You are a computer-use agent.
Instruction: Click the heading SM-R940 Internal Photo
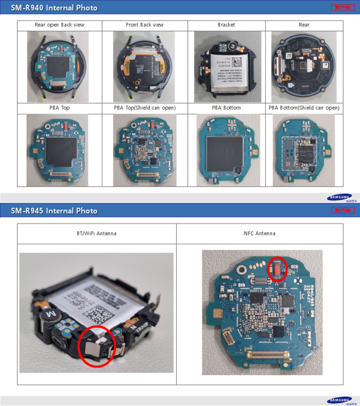[x=54, y=8]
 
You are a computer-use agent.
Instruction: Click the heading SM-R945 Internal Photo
[x=54, y=211]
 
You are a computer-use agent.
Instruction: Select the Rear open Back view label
[x=60, y=25]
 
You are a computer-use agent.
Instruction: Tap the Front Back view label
[x=144, y=25]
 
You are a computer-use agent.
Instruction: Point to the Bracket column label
[x=226, y=25]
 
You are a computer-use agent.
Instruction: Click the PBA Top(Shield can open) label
[x=144, y=108]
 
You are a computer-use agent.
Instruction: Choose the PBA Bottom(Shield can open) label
[x=304, y=108]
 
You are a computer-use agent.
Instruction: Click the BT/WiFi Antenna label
[x=97, y=233]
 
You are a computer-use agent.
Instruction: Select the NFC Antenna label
[x=259, y=233]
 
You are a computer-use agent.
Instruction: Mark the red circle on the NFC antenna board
[x=277, y=269]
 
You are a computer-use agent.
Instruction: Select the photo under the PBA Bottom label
[x=226, y=150]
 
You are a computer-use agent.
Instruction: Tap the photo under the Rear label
[x=304, y=67]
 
